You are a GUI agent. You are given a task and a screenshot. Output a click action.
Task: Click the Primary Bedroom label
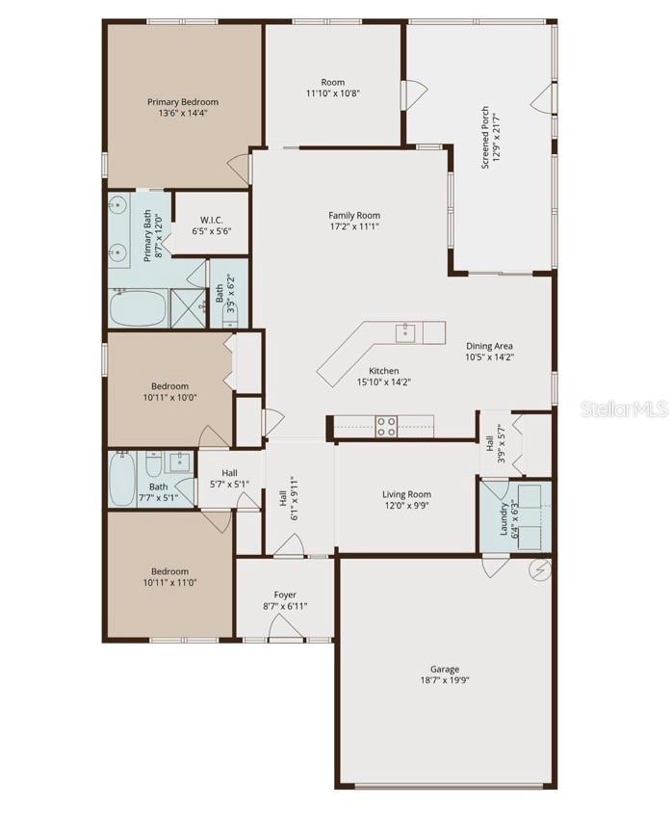coord(182,101)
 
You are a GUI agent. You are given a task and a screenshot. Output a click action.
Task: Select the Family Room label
coord(354,216)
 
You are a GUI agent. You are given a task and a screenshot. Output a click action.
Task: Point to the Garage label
coord(444,669)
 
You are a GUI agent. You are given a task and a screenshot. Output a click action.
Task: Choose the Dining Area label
coord(490,346)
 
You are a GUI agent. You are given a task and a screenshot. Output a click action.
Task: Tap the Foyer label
coord(285,595)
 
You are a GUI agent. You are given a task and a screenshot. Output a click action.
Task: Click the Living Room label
coord(407,494)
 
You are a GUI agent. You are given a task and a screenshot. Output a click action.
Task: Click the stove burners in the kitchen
coord(386,426)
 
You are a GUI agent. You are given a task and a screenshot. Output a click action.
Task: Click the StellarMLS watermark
coord(623,409)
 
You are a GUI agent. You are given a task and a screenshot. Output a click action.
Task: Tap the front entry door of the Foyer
coord(285,628)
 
